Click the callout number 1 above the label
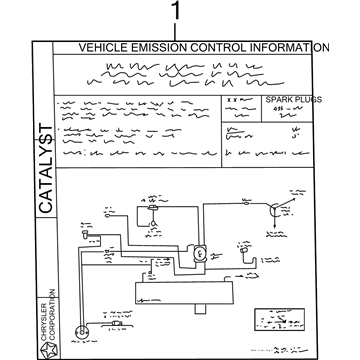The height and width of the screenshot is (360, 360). coord(178,13)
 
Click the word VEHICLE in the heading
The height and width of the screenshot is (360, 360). coord(104,47)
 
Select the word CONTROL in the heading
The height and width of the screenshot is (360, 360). coord(231,47)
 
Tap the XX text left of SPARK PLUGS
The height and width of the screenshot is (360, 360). coord(232,101)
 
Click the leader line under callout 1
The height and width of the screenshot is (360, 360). coord(178,31)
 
